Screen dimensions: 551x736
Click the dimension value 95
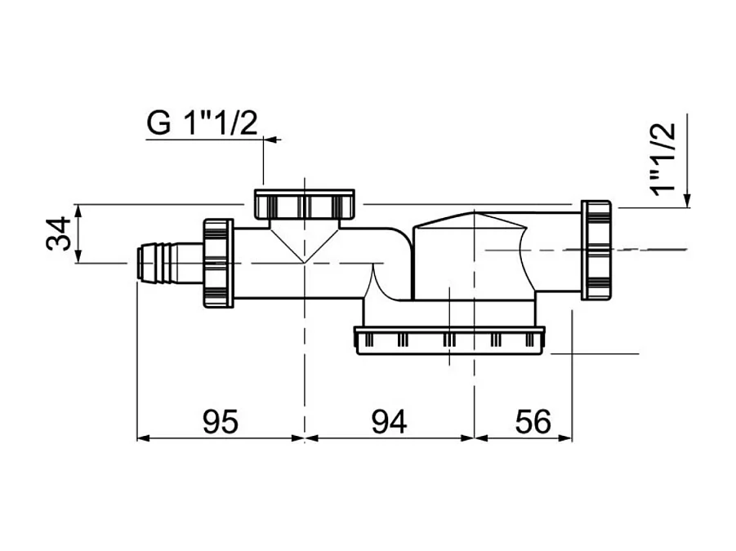pyautogui.click(x=220, y=421)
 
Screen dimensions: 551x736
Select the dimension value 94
pyautogui.click(x=389, y=421)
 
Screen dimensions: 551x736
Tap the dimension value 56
pyautogui.click(x=533, y=421)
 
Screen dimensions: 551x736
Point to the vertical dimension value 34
pyautogui.click(x=58, y=233)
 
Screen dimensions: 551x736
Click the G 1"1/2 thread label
pyautogui.click(x=203, y=123)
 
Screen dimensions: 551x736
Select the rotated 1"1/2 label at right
pyautogui.click(x=665, y=157)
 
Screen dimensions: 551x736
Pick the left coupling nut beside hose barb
pyautogui.click(x=218, y=261)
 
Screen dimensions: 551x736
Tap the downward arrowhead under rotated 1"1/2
pyautogui.click(x=689, y=201)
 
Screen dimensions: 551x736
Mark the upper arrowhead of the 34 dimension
pyautogui.click(x=78, y=210)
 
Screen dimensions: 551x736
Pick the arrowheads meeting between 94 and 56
pyautogui.click(x=475, y=438)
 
